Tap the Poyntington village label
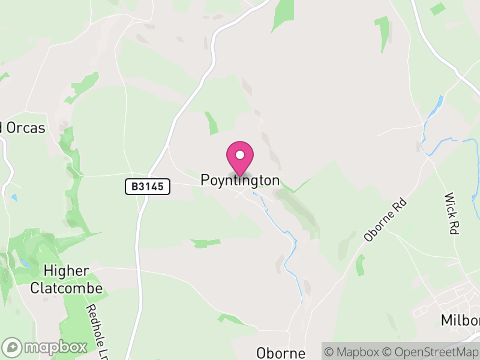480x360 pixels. (240, 181)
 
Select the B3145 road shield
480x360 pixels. (148, 187)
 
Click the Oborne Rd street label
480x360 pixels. (385, 221)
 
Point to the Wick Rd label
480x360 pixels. (451, 214)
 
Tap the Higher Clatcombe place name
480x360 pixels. (67, 280)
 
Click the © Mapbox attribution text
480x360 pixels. (352, 352)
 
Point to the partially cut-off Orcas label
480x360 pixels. (24, 128)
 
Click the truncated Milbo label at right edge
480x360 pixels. (460, 320)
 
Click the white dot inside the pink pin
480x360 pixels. (240, 155)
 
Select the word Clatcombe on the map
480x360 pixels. (67, 288)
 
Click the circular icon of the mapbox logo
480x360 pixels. (12, 347)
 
